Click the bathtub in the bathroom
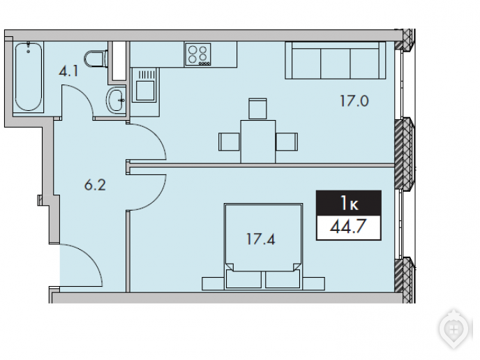(28, 77)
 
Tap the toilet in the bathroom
(96, 59)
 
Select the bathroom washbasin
(115, 99)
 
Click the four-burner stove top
(197, 54)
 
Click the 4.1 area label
(68, 71)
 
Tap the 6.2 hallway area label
(95, 185)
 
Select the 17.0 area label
(354, 101)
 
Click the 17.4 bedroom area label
(261, 239)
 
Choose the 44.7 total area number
(348, 227)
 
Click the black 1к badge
(349, 203)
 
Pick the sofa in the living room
(336, 60)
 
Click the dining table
(257, 142)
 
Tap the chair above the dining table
(257, 109)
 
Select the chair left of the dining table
(229, 142)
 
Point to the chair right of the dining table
(287, 142)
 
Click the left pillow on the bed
(243, 279)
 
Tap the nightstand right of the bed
(314, 283)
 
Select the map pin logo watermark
(454, 330)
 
